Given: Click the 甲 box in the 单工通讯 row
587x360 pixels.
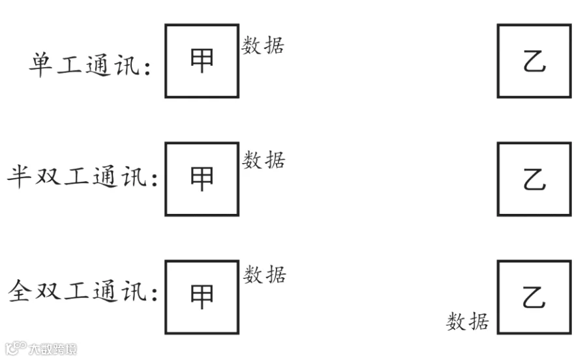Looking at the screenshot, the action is point(202,61).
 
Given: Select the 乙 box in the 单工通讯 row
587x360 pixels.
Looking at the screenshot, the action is point(534,61).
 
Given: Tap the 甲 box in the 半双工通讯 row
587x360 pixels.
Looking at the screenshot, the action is point(202,179).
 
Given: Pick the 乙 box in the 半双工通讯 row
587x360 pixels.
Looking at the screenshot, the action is point(534,179).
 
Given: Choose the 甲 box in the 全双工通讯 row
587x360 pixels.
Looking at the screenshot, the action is point(202,297).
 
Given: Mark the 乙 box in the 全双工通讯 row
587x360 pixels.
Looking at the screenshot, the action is point(534,297).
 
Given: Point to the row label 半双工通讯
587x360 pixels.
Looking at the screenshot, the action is point(82,177).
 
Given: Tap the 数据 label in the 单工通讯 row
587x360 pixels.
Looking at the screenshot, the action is point(263,46).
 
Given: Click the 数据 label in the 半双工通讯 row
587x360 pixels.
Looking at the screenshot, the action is point(264,159).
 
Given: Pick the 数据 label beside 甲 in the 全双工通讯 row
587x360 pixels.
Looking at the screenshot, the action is point(265,274).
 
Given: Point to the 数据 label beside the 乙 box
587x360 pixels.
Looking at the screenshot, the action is point(468,321).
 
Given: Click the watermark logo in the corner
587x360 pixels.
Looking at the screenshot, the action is point(39,349).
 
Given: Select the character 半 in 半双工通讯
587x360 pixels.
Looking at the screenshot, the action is point(20,177).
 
